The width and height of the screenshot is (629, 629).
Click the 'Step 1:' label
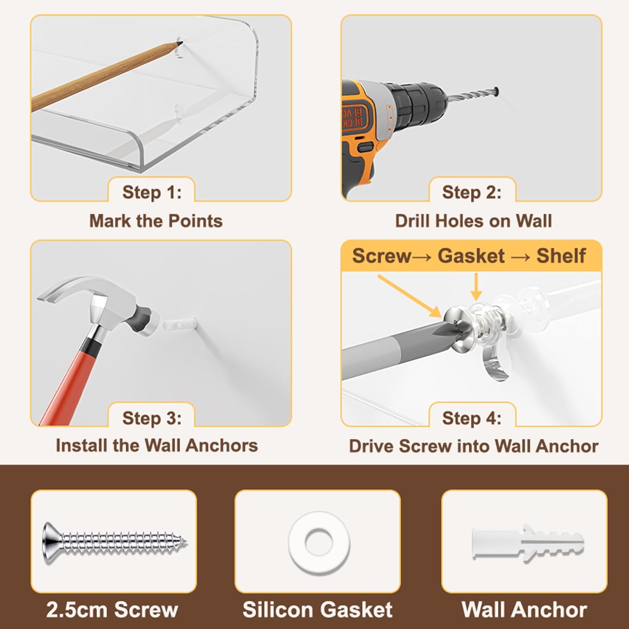152,192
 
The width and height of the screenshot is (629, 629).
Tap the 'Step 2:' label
472,192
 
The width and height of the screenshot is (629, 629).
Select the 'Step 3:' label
152,418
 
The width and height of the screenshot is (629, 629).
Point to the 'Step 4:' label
472,418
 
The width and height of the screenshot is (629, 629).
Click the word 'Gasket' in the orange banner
471,256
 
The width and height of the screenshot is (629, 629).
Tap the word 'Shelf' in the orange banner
561,256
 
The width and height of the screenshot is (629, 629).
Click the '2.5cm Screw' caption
112,610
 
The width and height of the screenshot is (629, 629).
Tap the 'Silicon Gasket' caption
317,610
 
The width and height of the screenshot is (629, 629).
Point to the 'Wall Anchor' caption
524,610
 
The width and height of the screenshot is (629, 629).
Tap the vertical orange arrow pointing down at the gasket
476,287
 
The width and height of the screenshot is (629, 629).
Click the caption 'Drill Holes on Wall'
473,221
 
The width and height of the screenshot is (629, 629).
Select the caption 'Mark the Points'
156,221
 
